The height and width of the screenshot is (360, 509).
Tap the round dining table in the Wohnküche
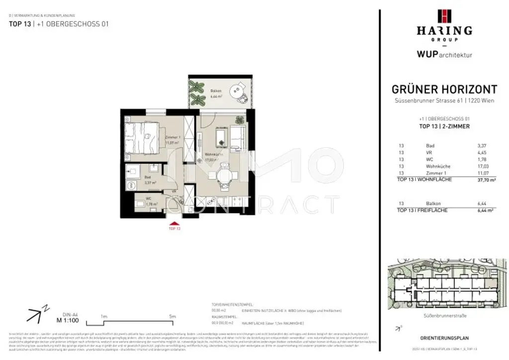coord(223,176)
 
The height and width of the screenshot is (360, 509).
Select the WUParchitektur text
coord(437,55)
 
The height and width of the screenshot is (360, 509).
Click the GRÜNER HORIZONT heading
coord(444,90)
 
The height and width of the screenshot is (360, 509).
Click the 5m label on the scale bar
coord(172,316)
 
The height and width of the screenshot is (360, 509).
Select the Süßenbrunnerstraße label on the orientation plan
coord(444,316)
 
